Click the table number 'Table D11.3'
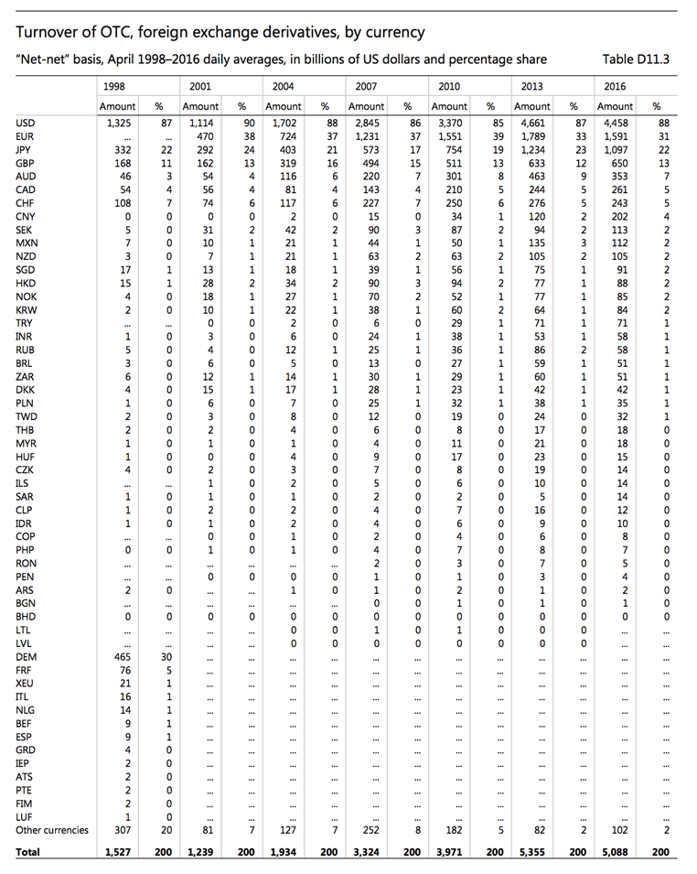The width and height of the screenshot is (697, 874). pos(636,59)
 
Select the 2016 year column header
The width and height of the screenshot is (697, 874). pos(615,86)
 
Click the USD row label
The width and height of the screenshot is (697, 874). pos(26,123)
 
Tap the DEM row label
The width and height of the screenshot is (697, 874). pos(27,656)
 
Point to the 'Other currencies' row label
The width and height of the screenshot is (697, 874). pos(52,830)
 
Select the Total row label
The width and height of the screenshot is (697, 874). pos(28,852)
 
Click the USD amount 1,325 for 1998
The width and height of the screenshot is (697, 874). pos(119,123)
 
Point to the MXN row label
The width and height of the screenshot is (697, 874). pos(27,243)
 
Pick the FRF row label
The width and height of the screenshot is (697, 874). pos(26,670)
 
